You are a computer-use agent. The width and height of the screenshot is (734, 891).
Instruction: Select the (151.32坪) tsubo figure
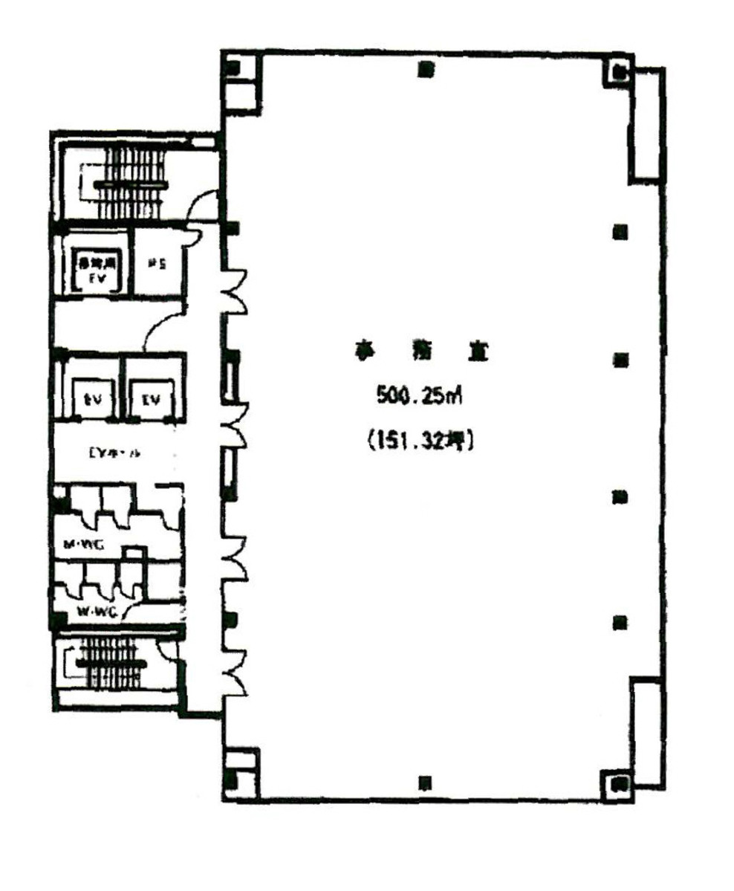[420, 441]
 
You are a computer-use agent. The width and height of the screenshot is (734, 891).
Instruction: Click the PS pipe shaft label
[155, 263]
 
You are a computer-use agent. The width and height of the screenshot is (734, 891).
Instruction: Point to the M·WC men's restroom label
[82, 546]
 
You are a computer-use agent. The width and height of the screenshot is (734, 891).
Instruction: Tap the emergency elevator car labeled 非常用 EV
[95, 272]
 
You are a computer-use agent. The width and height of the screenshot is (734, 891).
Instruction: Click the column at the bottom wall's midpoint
[425, 782]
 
